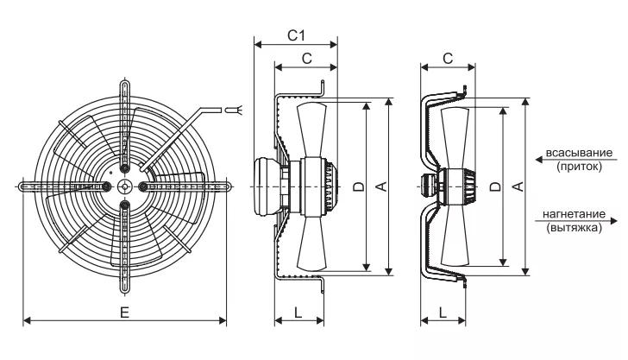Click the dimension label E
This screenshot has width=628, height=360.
click(x=124, y=313)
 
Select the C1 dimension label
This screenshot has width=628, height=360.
click(x=297, y=35)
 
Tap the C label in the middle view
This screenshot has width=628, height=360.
click(x=306, y=59)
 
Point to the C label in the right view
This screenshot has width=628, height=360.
click(x=448, y=59)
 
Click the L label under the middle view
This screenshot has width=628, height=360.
click(x=298, y=313)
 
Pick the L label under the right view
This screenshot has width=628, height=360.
click(x=443, y=313)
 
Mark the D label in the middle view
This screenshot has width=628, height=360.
click(x=359, y=186)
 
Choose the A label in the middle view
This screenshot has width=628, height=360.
click(x=382, y=186)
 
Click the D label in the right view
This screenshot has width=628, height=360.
click(x=495, y=186)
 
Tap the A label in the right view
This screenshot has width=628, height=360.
click(x=518, y=186)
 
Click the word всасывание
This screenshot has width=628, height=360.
click(x=579, y=153)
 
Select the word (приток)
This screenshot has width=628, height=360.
click(x=579, y=167)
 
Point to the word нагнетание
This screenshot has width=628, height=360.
click(x=574, y=214)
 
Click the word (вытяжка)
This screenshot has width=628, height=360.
click(x=574, y=228)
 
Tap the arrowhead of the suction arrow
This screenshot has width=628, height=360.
click(x=539, y=160)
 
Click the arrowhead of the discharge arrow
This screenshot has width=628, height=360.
click(x=614, y=221)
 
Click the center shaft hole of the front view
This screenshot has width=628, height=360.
click(x=125, y=186)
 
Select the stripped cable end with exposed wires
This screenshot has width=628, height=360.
click(x=234, y=110)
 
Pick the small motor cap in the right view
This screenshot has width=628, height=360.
click(x=427, y=186)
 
